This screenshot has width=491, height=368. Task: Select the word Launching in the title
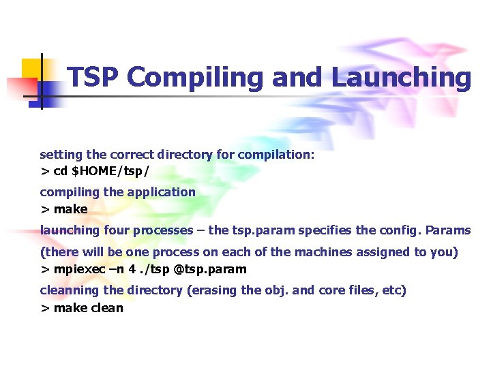(x=401, y=78)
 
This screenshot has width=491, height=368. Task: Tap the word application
(x=161, y=192)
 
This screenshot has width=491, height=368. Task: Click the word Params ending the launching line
(x=446, y=230)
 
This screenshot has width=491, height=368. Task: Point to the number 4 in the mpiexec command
(x=133, y=269)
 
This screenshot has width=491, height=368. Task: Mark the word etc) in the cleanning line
(x=394, y=290)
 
